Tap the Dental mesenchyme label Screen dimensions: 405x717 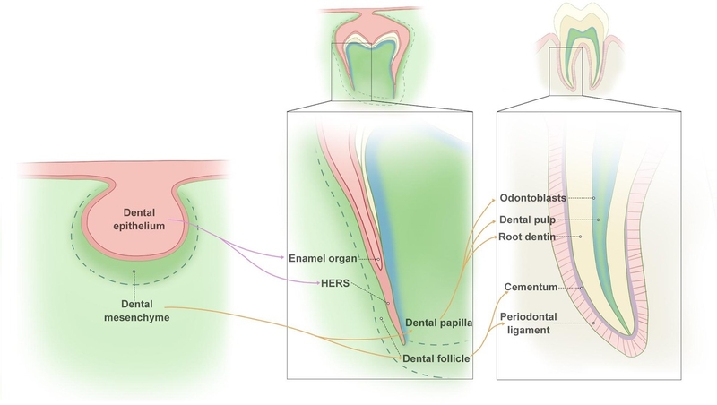click(134, 309)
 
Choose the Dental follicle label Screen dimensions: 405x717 click(436, 359)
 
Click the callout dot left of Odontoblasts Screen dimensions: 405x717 click(595, 197)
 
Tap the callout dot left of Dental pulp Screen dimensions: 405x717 click(596, 218)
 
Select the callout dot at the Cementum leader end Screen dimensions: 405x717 click(583, 288)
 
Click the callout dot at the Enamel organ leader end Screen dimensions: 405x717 click(378, 262)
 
